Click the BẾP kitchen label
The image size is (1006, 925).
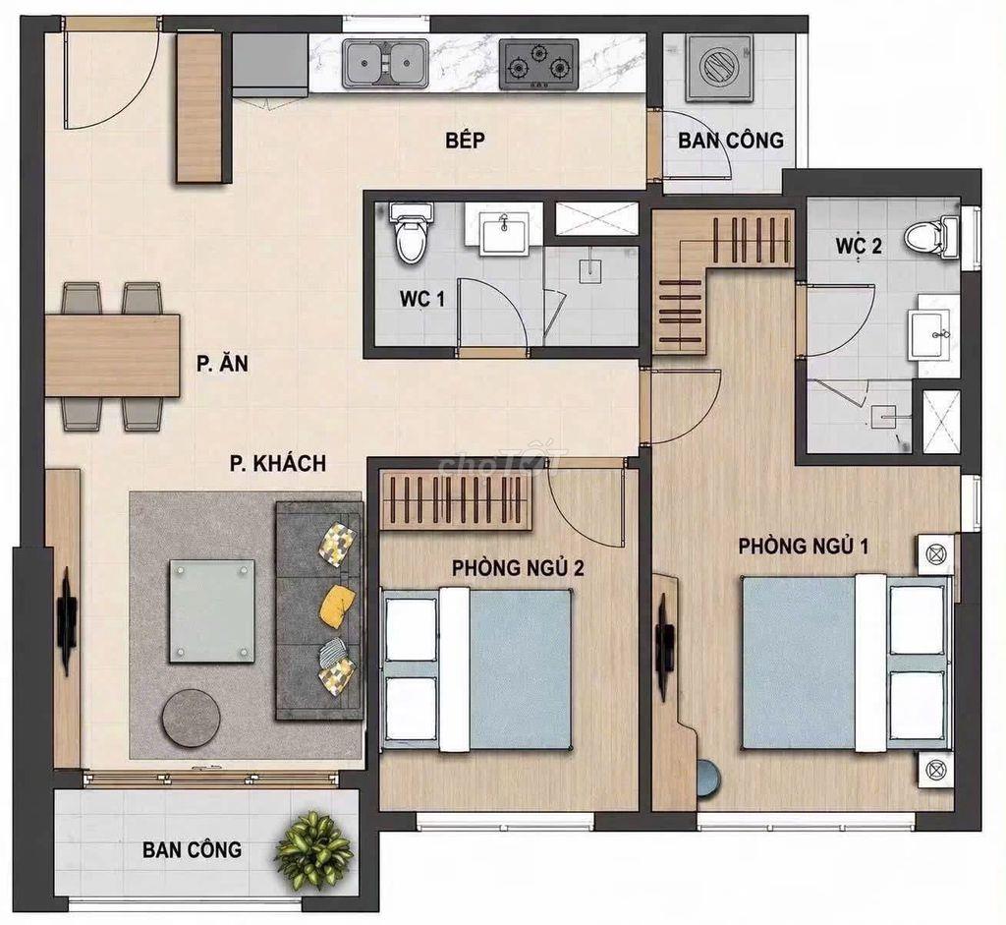pos(466,140)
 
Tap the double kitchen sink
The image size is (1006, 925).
pos(385,64)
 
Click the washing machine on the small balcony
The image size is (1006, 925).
pos(719,68)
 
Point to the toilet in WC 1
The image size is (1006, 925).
pos(411,234)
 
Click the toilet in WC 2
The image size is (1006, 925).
pos(931,236)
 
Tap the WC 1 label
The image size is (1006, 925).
pos(422,299)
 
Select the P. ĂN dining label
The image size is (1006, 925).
pos(223,364)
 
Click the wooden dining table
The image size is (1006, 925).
pos(112,356)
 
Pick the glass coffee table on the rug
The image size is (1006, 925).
pos(212,610)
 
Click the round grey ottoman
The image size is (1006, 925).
pos(190,718)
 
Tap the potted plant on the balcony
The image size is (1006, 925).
pos(314,850)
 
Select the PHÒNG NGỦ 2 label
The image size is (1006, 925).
pos(518,568)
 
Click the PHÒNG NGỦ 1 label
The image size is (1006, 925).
pos(804,547)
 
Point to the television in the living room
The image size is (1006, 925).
pos(66,619)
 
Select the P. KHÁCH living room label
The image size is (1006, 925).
pos(278,463)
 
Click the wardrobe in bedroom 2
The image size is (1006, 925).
pos(456,499)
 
